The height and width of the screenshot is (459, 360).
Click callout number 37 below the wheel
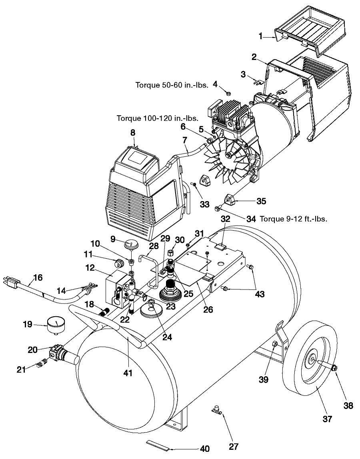click(x=327, y=419)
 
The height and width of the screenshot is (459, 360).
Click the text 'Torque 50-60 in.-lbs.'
click(x=172, y=85)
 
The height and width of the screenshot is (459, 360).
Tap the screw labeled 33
click(x=193, y=184)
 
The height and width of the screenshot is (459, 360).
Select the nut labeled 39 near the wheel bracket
click(x=275, y=344)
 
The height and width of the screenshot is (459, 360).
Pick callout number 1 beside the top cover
click(x=261, y=37)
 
